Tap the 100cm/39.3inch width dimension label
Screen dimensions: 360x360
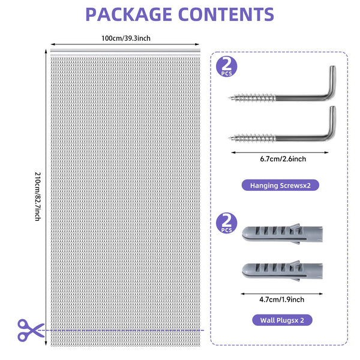(x=126, y=38)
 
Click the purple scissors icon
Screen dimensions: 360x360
(x=29, y=329)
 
